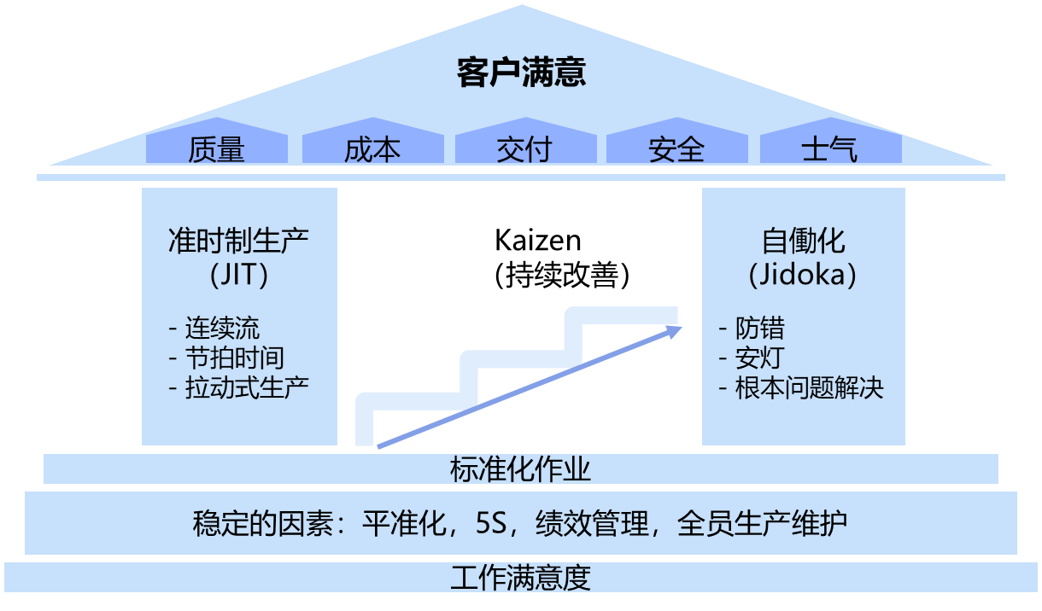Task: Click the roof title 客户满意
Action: [x=521, y=73]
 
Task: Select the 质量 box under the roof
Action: [x=216, y=149]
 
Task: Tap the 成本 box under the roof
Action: [x=372, y=149]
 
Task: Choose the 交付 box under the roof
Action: [x=524, y=149]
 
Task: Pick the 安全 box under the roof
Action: [x=676, y=149]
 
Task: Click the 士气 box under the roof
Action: [x=829, y=149]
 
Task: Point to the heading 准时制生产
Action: [x=238, y=240]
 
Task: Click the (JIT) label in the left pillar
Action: [x=238, y=275]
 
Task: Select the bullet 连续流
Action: [x=222, y=328]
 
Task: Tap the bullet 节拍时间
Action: [x=234, y=358]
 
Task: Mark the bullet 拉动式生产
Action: [x=246, y=387]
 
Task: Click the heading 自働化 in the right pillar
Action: [x=803, y=240]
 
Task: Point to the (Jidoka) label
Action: [x=803, y=275]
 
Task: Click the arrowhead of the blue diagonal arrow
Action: [x=676, y=329]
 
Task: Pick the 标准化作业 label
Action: [x=520, y=468]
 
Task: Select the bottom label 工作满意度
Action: [x=520, y=578]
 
